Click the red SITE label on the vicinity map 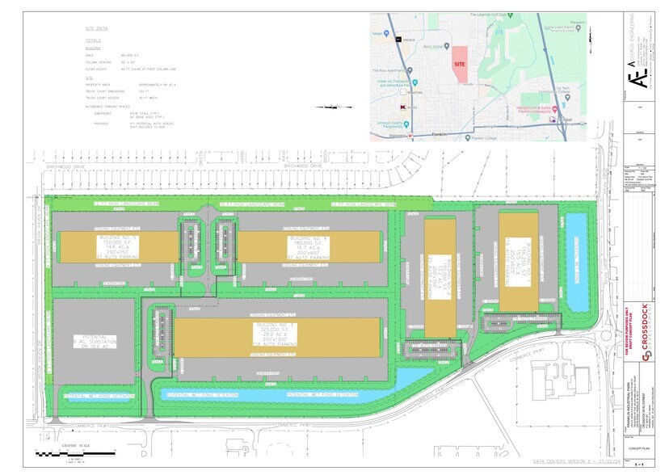coord(459,63)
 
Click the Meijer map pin coord(385,34)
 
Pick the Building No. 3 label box coord(276,336)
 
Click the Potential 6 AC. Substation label coord(94,342)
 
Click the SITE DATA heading coord(96,27)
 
